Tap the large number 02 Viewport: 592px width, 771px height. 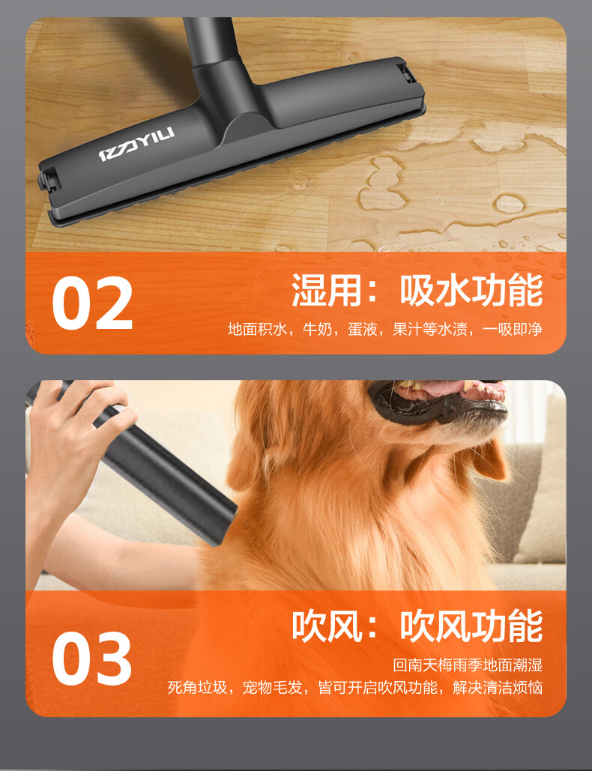coord(92,303)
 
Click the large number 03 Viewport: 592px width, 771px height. coord(92,659)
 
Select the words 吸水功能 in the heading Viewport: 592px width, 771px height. coord(471,290)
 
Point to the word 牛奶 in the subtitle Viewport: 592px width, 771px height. coord(318,329)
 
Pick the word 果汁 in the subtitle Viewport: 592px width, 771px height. coord(408,329)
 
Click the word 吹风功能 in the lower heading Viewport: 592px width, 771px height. coord(471,626)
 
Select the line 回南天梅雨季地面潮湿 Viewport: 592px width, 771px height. coord(468,665)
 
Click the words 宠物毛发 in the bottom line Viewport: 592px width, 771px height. coord(273,687)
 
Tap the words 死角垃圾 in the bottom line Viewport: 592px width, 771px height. coord(197,687)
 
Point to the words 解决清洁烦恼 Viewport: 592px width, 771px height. coord(498,687)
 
